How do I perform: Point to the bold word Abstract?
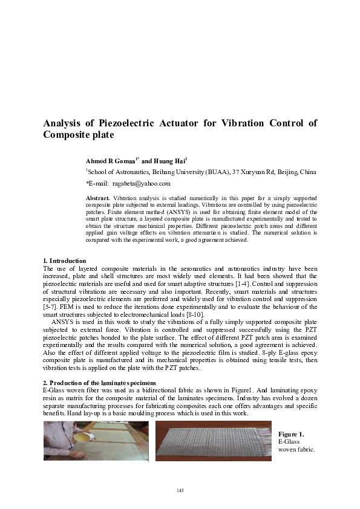click(97, 198)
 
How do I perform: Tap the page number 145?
click(180, 489)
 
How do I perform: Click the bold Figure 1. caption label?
click(291, 434)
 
